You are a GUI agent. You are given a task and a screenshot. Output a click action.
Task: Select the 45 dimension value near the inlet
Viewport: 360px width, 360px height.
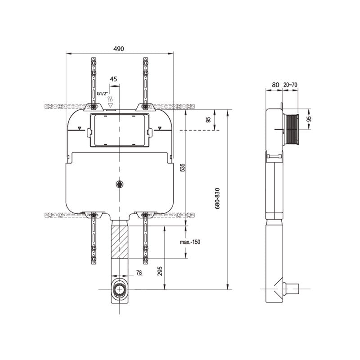tap(113, 79)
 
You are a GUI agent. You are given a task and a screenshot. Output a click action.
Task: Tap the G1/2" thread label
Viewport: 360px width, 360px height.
tap(102, 94)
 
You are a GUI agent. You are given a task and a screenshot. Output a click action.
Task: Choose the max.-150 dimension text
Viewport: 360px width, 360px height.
tap(190, 242)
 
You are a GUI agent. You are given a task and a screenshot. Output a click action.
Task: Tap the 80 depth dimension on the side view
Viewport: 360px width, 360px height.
tap(275, 84)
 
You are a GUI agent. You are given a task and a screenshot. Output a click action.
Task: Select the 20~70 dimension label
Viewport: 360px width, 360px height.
tap(291, 84)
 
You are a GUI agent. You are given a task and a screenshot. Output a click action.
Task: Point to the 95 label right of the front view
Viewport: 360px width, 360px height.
tap(208, 120)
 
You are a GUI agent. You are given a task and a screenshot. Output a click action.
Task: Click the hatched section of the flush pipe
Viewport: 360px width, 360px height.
tap(119, 242)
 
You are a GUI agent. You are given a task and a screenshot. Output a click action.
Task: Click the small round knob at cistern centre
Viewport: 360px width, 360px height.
tap(119, 184)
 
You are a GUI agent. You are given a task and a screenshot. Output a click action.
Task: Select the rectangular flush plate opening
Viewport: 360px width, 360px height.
tap(119, 130)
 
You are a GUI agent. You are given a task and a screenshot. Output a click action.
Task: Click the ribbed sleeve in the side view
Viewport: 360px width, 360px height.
tap(292, 130)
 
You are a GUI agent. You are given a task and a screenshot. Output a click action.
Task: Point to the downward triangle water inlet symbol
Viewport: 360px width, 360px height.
tap(111, 105)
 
